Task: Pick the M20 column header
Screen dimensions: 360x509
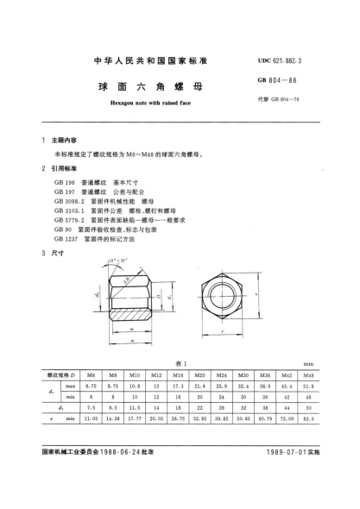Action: (x=200, y=377)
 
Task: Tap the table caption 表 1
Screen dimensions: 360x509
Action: (x=180, y=365)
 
